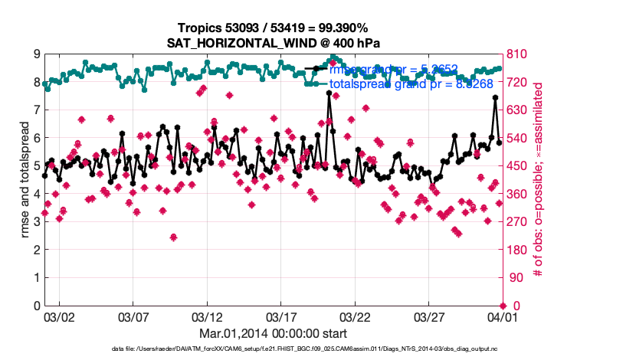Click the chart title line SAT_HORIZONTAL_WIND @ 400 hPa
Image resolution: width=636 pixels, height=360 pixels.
click(274, 43)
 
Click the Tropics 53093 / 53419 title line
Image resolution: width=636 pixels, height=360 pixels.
click(274, 28)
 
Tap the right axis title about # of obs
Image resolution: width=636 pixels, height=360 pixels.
click(538, 180)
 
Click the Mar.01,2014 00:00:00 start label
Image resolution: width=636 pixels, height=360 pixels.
click(274, 333)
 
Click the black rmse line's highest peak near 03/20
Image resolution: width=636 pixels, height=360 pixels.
click(329, 93)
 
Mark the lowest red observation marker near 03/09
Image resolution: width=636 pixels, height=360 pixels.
click(174, 237)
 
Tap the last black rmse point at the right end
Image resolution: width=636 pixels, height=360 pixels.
click(499, 142)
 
